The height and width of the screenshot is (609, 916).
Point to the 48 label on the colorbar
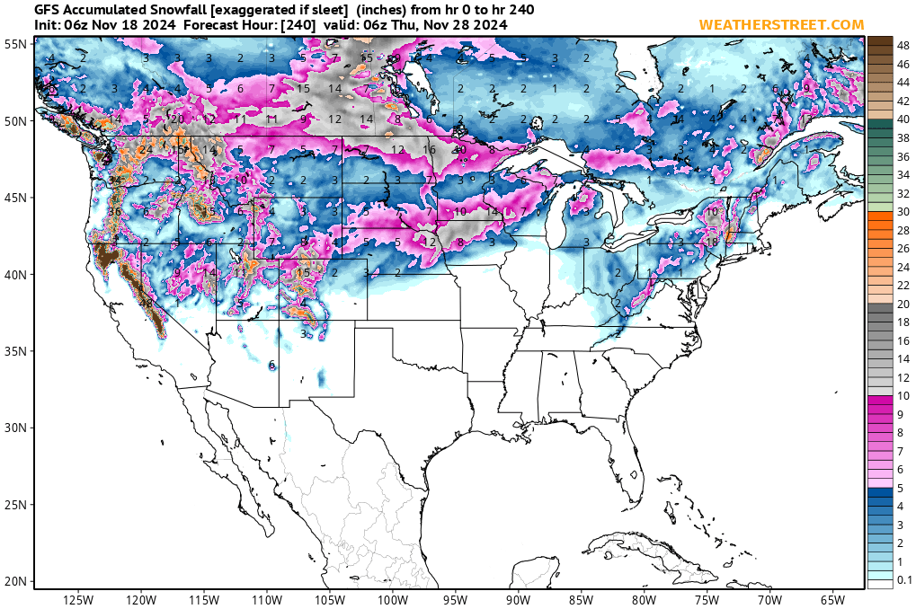(904, 44)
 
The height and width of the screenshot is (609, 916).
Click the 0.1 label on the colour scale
(905, 580)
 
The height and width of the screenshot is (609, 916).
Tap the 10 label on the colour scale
(904, 396)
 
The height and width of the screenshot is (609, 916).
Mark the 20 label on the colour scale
(904, 304)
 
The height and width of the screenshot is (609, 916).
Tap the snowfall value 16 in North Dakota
(430, 150)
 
